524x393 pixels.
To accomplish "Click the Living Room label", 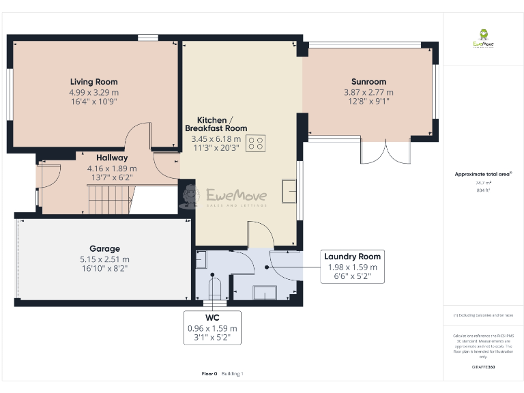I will click(93, 82).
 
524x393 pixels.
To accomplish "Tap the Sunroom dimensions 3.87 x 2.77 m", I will click(368, 92).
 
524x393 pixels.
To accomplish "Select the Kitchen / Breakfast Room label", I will click(216, 123).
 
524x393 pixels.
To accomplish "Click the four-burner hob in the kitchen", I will click(257, 143).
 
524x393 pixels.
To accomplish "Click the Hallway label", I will click(93, 158).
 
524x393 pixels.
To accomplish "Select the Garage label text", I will click(104, 249).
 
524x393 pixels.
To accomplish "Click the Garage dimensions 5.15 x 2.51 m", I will click(104, 259).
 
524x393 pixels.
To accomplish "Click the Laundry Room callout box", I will click(353, 266).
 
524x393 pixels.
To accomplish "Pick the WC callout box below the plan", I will click(213, 327).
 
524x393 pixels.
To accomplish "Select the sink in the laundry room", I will click(265, 293).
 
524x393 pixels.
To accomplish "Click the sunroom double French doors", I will click(385, 151).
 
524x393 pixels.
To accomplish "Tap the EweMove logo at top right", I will click(484, 38).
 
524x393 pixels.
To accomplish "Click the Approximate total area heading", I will click(482, 175).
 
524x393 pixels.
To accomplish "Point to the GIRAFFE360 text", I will click(483, 367).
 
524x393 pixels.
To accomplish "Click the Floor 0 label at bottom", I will click(209, 373).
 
